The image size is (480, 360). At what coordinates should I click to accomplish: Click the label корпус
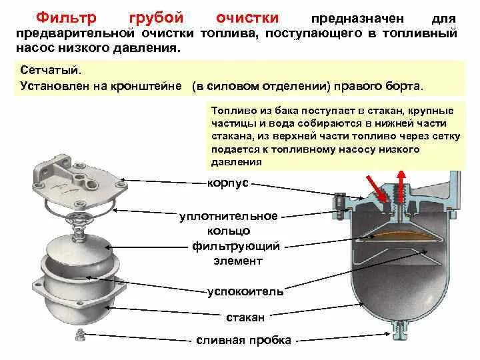[x=229, y=182]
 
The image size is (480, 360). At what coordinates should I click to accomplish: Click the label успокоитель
[x=245, y=291]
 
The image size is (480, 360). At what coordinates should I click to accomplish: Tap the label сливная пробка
[x=243, y=340]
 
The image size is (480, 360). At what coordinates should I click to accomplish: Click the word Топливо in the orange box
[x=229, y=111]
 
